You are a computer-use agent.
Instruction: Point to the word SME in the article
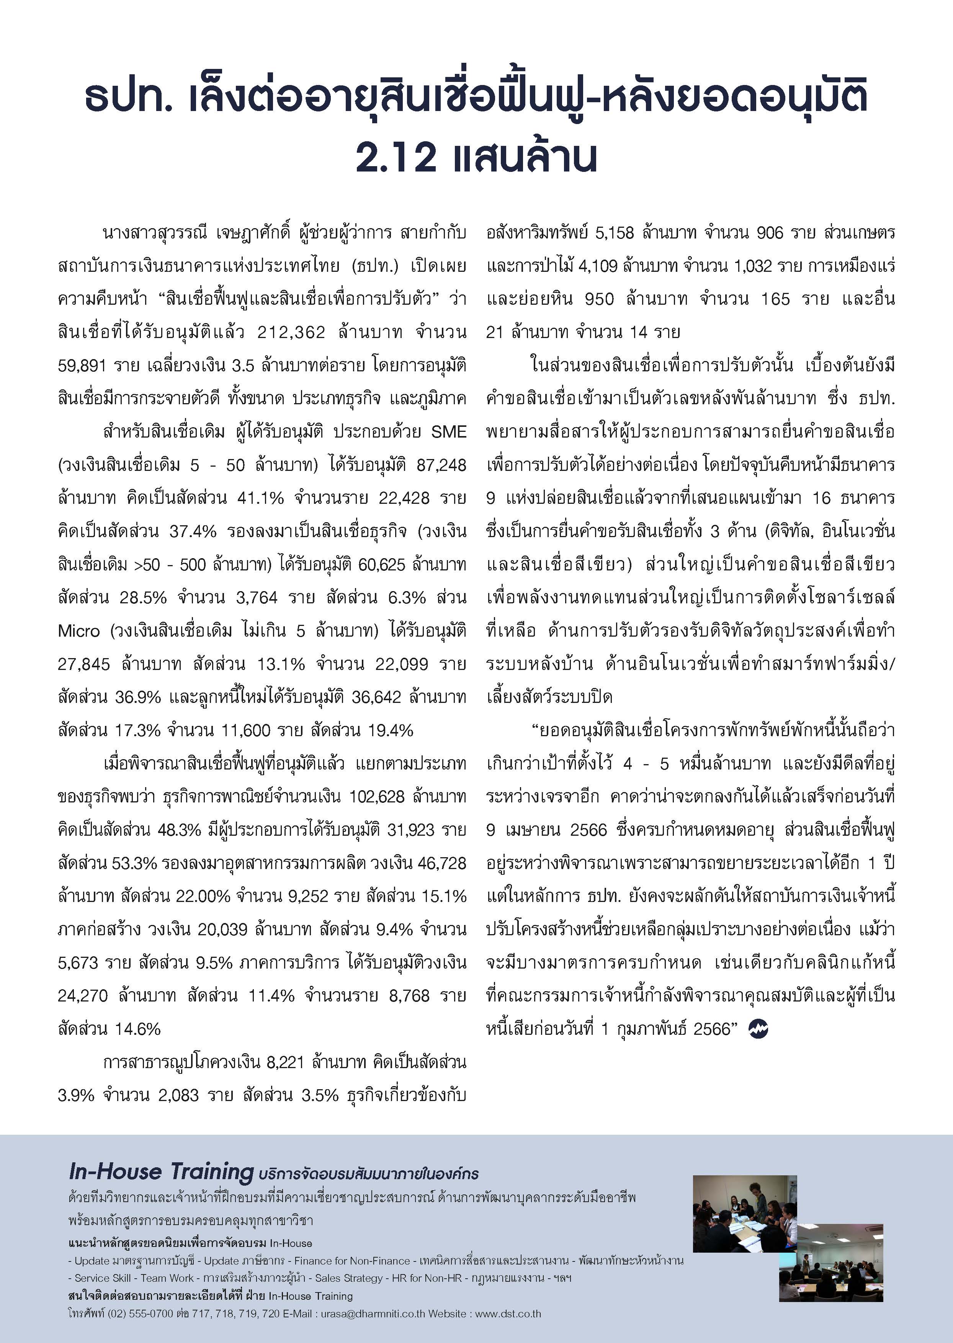click(449, 432)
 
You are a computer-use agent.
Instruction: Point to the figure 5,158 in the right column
click(615, 233)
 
